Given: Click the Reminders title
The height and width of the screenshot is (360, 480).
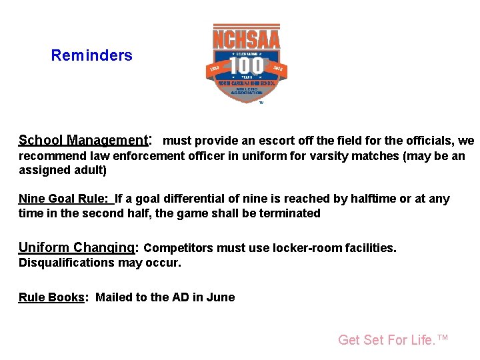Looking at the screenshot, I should pos(91,55).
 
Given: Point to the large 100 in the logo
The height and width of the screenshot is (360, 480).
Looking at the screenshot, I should pos(246,66).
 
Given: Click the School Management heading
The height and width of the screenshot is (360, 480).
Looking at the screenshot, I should pos(83,140).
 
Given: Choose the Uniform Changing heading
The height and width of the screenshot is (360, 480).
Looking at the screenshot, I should pos(77,247).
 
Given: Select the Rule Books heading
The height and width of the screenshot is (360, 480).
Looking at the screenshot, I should pos(52,297).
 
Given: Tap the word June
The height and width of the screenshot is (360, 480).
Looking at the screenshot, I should pos(221,297).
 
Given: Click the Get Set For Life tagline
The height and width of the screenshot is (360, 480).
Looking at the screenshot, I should pos(393,340).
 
